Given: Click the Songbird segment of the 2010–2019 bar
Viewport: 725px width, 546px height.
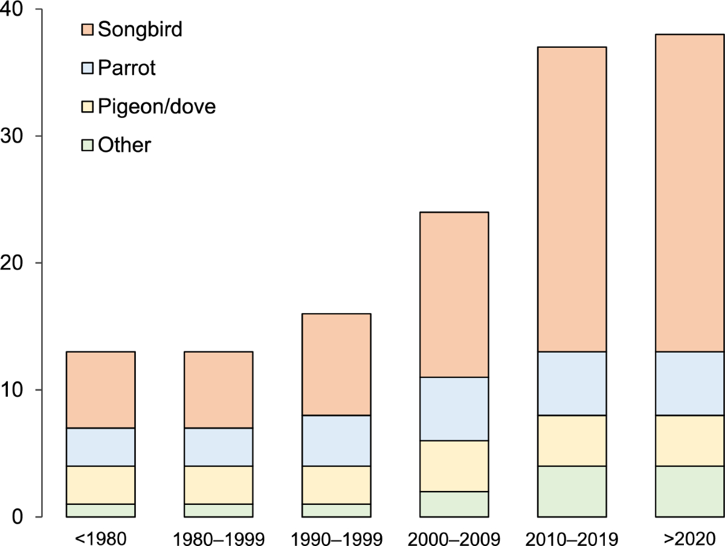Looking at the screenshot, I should pos(572,199).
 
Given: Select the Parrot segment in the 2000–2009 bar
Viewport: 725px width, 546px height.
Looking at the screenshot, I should pos(454,409).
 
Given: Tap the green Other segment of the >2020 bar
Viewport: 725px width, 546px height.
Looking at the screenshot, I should pos(690,491).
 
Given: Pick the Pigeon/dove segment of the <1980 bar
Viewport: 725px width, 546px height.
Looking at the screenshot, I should pos(100,485).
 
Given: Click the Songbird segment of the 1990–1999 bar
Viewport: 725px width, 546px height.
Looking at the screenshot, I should pos(336,364).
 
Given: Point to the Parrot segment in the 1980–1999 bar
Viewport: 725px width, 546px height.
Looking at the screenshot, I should pos(218,447).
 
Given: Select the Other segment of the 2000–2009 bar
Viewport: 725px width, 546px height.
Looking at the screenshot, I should pos(454,504).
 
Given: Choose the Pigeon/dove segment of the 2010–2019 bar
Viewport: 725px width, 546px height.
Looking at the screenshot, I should pos(572,440).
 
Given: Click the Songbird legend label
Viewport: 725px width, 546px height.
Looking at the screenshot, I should pos(140,29).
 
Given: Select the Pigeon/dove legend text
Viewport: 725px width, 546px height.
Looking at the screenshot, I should pos(156,107).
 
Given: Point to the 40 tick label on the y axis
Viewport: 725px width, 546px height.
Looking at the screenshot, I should pos(13,10).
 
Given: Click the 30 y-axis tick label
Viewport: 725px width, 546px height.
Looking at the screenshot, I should pos(13,137).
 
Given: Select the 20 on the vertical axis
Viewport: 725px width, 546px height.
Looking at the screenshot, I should pos(13,264).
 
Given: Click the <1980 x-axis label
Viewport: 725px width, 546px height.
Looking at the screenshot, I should pos(100,536).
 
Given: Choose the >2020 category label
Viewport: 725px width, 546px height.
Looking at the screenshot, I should pos(690,536).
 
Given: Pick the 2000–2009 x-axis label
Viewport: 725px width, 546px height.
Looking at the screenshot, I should pos(454,536).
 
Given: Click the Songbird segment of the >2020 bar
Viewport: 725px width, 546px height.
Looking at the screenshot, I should pos(690,193).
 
